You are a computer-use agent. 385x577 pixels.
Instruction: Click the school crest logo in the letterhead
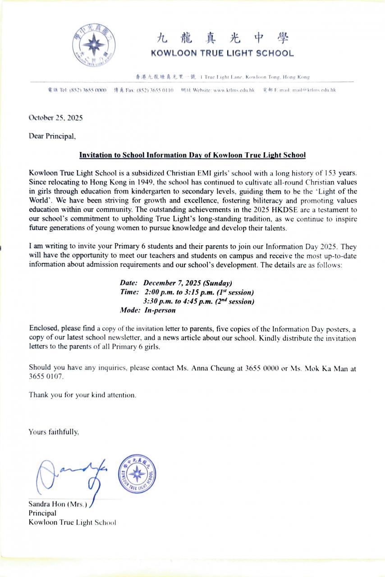[x=94, y=45]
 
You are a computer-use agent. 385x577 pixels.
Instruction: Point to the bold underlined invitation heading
[x=192, y=155]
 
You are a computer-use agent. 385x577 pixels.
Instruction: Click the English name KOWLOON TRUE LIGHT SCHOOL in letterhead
[x=222, y=53]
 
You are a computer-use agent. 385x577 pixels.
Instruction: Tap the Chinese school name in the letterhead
[x=222, y=37]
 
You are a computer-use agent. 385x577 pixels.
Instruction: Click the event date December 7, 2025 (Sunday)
[x=188, y=283]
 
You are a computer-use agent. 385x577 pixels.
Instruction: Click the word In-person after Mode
[x=160, y=310]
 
